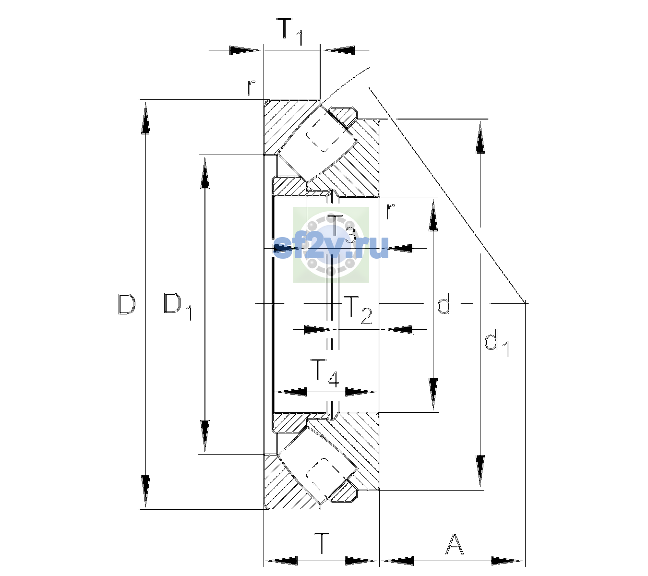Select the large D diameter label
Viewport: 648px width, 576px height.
pyautogui.click(x=127, y=304)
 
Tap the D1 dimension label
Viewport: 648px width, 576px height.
pyautogui.click(x=178, y=306)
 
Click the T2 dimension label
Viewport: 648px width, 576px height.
pyautogui.click(x=357, y=310)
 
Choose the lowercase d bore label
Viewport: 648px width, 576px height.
pyautogui.click(x=444, y=303)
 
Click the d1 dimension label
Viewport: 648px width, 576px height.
pyautogui.click(x=496, y=344)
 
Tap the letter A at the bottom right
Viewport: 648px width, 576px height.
pyautogui.click(x=454, y=544)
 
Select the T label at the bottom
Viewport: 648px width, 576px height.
pyautogui.click(x=323, y=544)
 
